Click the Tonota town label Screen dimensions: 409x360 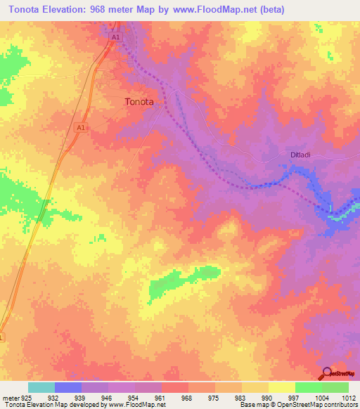click(x=139, y=101)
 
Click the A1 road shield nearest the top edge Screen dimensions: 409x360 click(x=115, y=37)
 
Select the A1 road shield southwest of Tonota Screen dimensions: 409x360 click(x=80, y=127)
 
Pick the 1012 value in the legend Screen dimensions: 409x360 click(x=347, y=397)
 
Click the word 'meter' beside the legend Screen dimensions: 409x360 click(x=10, y=397)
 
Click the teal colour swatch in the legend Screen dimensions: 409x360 click(x=41, y=387)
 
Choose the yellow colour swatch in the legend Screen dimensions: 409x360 click(x=281, y=387)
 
